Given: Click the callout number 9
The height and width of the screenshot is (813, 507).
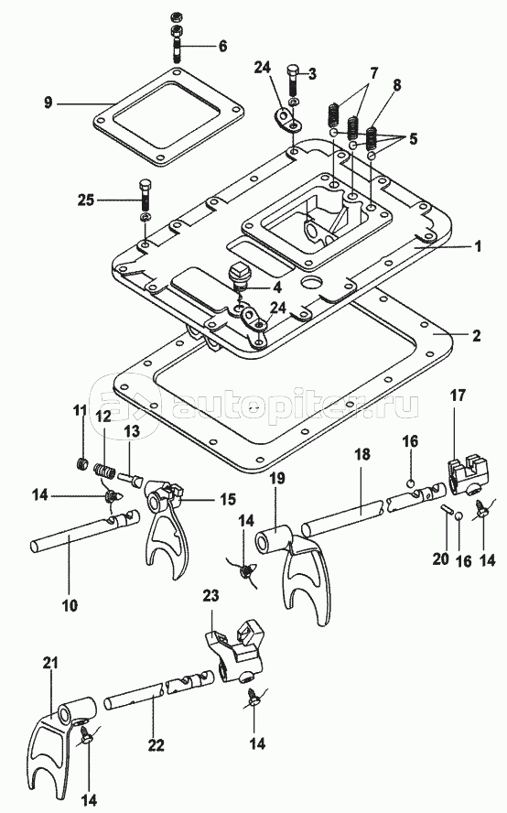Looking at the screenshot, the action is pos(49,103).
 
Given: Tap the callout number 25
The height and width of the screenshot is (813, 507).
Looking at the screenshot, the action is pos(87,200).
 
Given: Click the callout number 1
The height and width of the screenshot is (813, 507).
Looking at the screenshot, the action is pos(478,245).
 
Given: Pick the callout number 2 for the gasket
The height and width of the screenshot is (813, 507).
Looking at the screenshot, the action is pos(477,335).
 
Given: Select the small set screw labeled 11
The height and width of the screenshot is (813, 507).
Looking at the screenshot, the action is pos(81,463).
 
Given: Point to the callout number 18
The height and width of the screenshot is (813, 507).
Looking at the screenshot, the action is pos(362,455).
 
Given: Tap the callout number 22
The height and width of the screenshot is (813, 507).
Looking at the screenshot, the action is pos(156,745).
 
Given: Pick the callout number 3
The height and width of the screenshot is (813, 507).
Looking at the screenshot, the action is pos(311,75).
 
